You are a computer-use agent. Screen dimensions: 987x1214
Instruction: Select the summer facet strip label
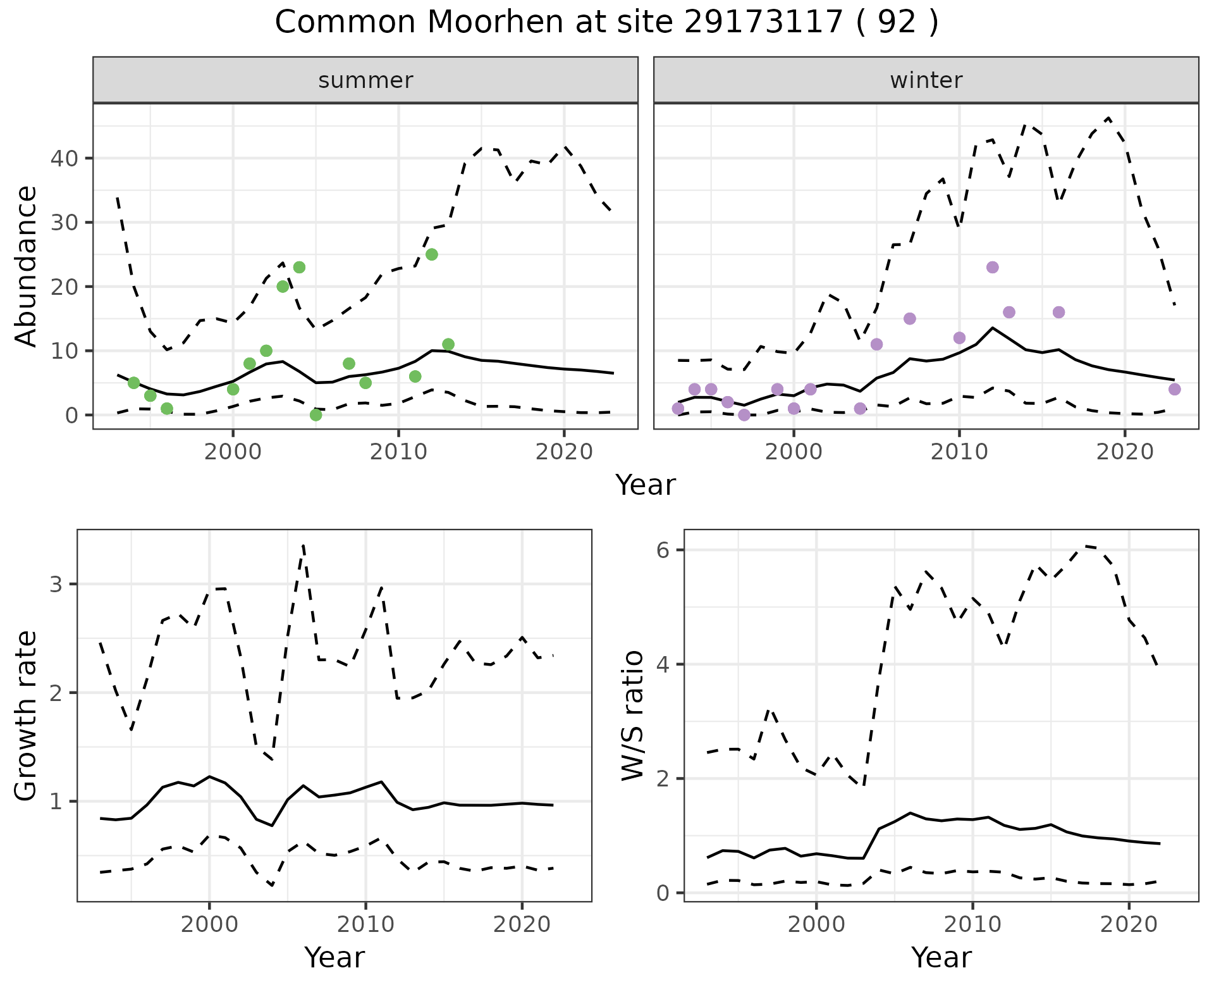tap(365, 80)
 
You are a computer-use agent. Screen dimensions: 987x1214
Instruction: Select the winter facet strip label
tap(926, 80)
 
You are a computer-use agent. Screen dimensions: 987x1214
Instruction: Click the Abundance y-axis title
tap(27, 266)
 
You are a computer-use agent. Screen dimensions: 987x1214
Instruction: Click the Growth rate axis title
tap(27, 716)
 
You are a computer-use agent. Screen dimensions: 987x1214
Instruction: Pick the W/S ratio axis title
tap(633, 716)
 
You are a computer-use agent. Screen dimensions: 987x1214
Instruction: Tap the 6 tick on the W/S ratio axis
tap(663, 550)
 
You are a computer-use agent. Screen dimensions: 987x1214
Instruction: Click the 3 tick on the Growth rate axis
tap(56, 584)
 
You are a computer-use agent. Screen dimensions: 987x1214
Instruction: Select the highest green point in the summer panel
tap(432, 254)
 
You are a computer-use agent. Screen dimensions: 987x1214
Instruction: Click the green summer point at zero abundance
tap(316, 415)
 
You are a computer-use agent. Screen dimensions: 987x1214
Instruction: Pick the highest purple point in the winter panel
tap(993, 267)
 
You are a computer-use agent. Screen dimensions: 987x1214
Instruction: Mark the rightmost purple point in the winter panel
tap(1175, 389)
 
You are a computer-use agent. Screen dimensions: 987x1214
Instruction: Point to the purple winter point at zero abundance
tap(744, 415)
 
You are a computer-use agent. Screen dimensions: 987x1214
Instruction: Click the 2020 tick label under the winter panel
tap(1125, 452)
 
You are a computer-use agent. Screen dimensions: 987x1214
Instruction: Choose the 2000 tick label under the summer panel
tap(233, 452)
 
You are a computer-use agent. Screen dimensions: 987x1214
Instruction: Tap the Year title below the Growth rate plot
tap(334, 957)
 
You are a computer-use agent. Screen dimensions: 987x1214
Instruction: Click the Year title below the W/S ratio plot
tap(941, 957)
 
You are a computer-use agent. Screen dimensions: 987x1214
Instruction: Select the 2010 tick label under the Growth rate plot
tap(365, 924)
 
